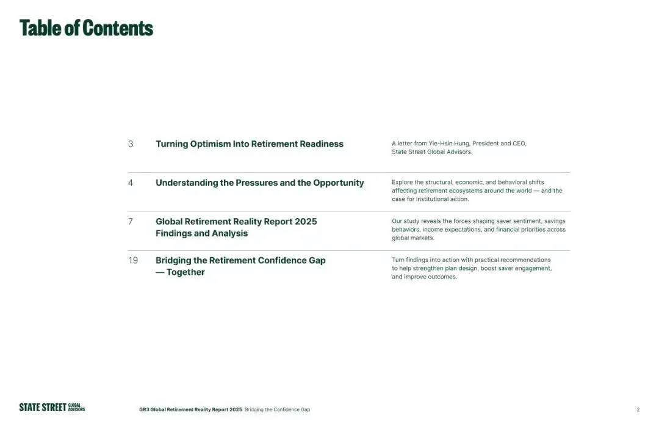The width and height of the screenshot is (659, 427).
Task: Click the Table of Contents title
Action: [86, 28]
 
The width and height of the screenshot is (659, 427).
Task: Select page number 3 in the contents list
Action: [131, 144]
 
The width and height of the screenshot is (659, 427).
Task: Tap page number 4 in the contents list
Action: [131, 183]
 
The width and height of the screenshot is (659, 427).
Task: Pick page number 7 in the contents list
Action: [131, 221]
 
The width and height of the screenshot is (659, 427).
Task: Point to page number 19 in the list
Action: [133, 260]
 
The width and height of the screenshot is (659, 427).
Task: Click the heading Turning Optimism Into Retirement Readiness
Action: [249, 144]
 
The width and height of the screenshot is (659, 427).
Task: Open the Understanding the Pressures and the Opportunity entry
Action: [259, 183]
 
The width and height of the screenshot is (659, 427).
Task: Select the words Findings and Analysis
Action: [201, 233]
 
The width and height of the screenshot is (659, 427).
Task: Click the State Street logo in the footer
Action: [52, 407]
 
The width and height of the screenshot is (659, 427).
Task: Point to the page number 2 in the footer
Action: [638, 409]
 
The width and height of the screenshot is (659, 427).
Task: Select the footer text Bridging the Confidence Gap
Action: [277, 409]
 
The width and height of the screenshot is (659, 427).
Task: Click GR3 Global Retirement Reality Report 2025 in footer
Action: [190, 409]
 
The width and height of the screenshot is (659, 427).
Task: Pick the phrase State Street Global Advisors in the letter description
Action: [431, 152]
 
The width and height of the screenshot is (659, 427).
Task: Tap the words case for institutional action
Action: [430, 199]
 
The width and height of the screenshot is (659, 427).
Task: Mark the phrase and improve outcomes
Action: [424, 277]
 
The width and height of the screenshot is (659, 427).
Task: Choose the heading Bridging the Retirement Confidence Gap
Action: [240, 260]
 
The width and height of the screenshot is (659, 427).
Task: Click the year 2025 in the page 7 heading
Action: [306, 222]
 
